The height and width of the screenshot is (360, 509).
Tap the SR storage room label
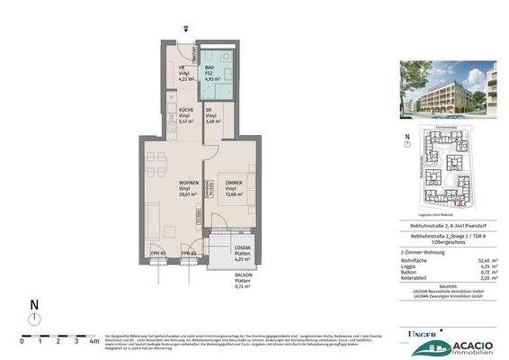click(x=210, y=112)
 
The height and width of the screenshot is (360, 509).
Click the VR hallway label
click(x=180, y=67)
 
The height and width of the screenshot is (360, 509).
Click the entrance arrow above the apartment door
click(x=184, y=29)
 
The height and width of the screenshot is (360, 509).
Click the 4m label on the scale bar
click(x=94, y=341)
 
